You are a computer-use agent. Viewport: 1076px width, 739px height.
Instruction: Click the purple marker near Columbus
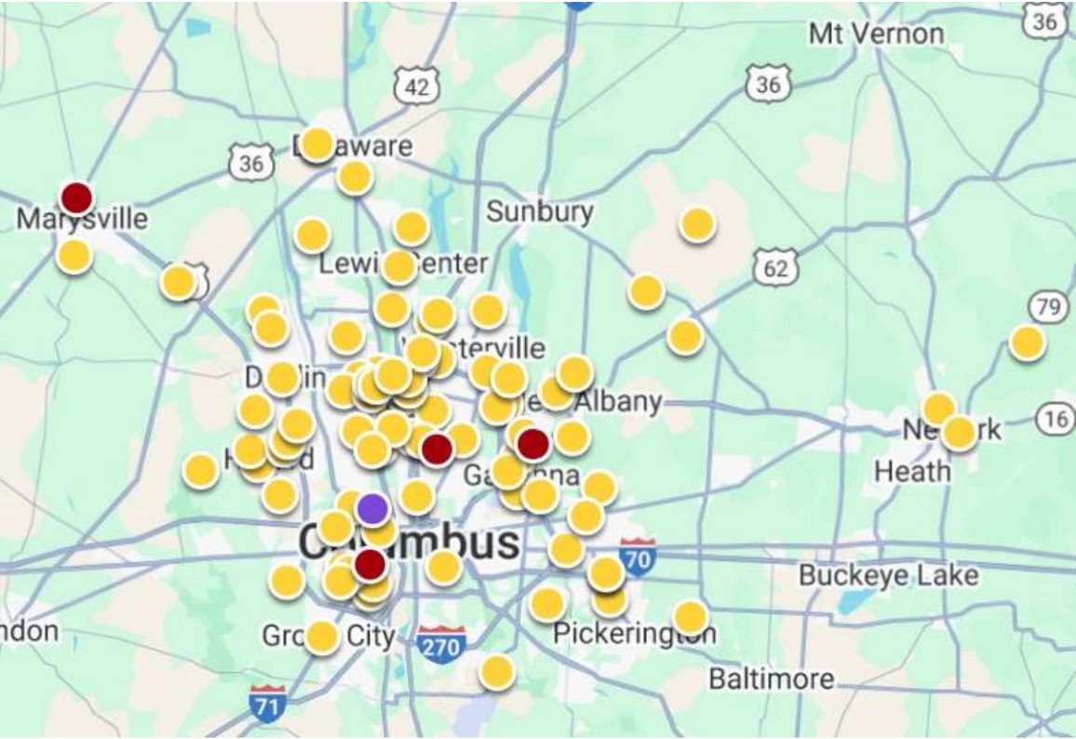coord(372,508)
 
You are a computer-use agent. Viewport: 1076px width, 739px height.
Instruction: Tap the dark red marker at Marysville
coord(76,197)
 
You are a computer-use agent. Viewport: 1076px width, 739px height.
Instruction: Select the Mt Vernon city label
coord(876,34)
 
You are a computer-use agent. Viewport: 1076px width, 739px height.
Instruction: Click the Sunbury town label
coord(540,211)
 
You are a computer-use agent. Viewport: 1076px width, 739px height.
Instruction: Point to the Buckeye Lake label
coord(888,575)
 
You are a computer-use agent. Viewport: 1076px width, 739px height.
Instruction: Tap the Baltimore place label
coord(772,679)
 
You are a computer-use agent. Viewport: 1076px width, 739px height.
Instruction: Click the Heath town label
coord(912,471)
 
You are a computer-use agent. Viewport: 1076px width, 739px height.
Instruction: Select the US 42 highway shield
coord(417,87)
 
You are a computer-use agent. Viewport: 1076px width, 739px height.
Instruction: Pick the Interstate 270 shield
coord(440,644)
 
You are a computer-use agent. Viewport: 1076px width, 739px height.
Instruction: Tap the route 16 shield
coord(1056,420)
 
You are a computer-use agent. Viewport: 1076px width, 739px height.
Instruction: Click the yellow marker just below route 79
coord(1028,343)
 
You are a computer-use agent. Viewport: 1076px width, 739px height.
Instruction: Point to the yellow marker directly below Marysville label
coord(74,255)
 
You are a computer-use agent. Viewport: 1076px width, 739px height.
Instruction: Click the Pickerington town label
coord(635,634)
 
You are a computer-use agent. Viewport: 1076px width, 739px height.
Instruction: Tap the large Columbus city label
coord(410,542)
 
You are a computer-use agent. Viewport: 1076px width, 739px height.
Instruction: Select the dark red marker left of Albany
coord(532,444)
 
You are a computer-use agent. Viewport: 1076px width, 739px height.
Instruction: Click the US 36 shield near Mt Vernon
coord(768,85)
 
